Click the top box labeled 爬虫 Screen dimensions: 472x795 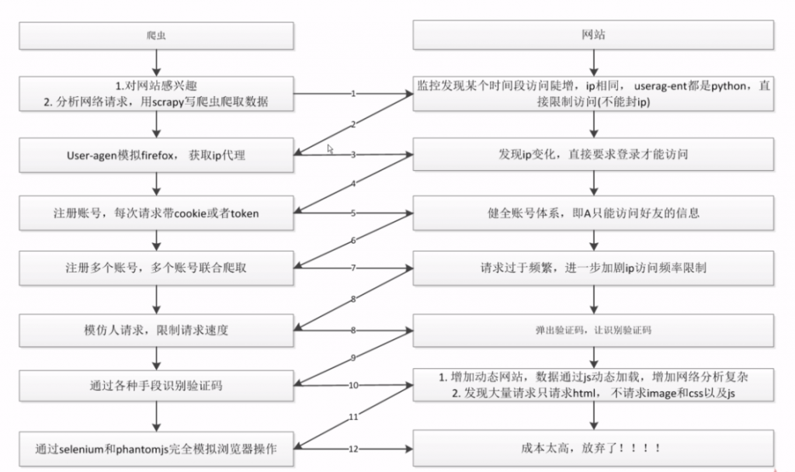pos(156,36)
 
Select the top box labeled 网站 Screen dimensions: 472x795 pos(593,36)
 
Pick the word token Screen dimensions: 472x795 pos(244,213)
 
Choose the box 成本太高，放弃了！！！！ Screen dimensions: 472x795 pos(593,448)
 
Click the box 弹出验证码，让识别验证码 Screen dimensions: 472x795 pos(593,330)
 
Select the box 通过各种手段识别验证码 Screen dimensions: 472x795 pos(156,385)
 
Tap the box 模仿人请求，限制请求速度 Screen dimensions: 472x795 pos(156,330)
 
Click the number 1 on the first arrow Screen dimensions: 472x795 pos(353,94)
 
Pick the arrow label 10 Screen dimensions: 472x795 pos(353,385)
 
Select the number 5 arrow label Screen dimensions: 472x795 pos(353,212)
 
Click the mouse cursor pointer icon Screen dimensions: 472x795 pos(330,148)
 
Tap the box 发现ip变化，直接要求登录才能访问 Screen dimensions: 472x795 pos(593,154)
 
